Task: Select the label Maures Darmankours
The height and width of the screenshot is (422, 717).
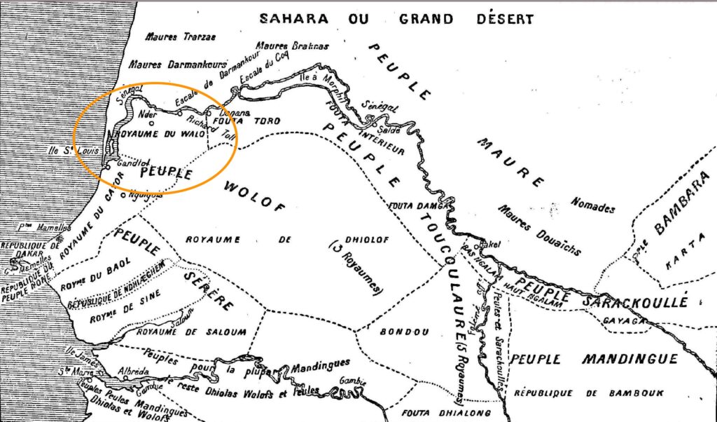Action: [174, 64]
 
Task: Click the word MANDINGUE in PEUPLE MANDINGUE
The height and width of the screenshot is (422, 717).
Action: [631, 360]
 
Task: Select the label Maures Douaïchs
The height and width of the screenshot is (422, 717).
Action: [534, 226]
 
